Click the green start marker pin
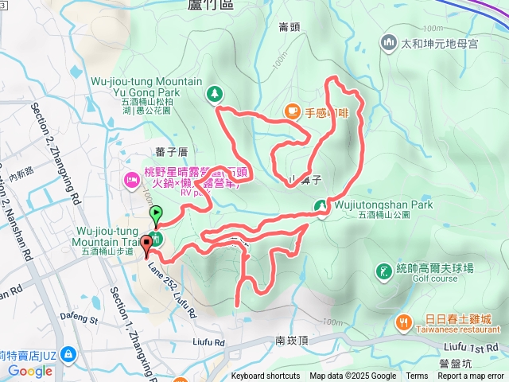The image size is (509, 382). point(156,213)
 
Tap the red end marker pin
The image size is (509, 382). point(147,244)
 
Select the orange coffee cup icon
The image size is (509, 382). point(293,111)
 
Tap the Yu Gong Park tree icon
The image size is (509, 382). point(215,95)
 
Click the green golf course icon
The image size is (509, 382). point(384,272)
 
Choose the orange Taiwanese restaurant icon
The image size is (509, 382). point(405,322)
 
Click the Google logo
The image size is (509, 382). point(30,371)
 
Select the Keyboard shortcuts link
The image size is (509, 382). point(266,376)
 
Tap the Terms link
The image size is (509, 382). point(417,376)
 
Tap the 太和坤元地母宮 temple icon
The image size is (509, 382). point(390,41)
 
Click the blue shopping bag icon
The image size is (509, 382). point(69,352)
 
